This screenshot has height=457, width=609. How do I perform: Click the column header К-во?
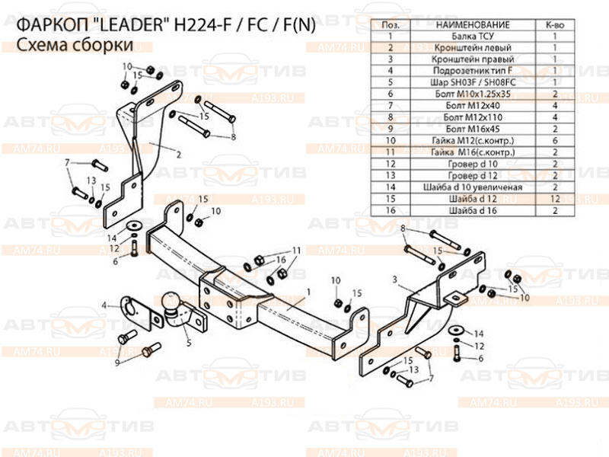click(555, 24)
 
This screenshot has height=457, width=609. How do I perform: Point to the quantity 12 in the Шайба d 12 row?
click(555, 198)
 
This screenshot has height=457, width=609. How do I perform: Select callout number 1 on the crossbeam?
click(308, 292)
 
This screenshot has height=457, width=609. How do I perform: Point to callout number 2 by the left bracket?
click(178, 155)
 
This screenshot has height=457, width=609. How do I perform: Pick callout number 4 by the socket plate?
click(104, 305)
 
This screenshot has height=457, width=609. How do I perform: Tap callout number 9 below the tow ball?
click(117, 362)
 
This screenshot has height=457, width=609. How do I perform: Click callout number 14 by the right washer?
click(478, 334)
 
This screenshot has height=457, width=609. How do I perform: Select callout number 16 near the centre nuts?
click(281, 260)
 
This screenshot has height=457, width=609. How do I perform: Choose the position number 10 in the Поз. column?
click(390, 141)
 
